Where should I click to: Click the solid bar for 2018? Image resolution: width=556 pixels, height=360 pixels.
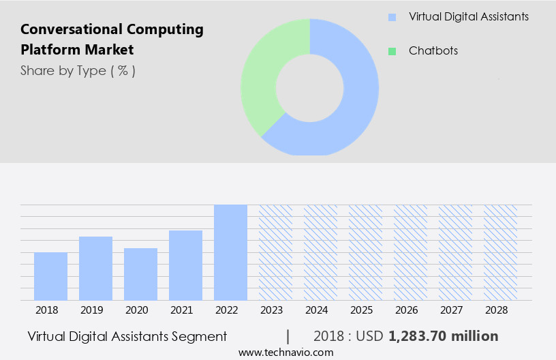[50, 276]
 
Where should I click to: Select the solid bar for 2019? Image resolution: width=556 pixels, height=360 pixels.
[95, 268]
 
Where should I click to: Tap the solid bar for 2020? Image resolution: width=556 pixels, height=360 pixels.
[140, 274]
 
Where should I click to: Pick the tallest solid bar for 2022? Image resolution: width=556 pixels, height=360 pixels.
[230, 252]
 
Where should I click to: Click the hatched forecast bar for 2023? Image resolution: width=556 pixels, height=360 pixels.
[275, 252]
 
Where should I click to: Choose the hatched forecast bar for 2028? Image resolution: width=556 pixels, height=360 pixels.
[500, 252]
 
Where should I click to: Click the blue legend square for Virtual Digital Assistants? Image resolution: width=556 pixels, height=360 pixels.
[392, 17]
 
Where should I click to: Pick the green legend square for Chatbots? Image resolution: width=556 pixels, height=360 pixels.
[392, 51]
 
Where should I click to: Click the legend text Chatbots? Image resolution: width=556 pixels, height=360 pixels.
[433, 51]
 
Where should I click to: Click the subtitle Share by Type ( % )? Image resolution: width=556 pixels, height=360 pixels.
[78, 70]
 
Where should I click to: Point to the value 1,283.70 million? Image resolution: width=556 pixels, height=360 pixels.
[443, 336]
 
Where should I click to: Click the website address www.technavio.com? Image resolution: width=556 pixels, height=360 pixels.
[286, 352]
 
